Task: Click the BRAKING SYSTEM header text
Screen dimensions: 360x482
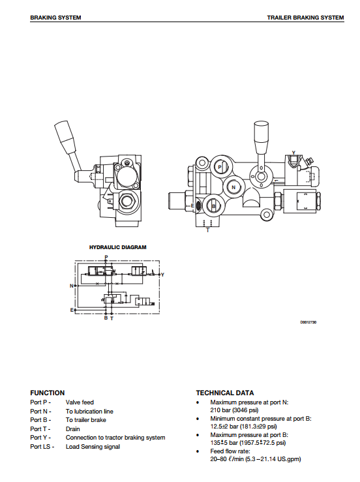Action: (x=55, y=18)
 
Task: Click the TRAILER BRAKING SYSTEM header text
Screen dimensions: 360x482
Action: (x=305, y=18)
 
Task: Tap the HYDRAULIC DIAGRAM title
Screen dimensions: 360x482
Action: (x=118, y=247)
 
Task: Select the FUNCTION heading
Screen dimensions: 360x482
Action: (x=48, y=393)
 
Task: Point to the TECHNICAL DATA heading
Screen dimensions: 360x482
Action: (x=225, y=393)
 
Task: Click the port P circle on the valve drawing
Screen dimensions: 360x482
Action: (x=220, y=167)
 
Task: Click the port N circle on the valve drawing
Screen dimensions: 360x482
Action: (x=233, y=187)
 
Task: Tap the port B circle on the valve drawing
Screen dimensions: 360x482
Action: (x=213, y=205)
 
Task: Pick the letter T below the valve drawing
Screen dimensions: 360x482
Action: (x=208, y=230)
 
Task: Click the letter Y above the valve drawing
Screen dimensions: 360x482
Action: (x=293, y=153)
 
